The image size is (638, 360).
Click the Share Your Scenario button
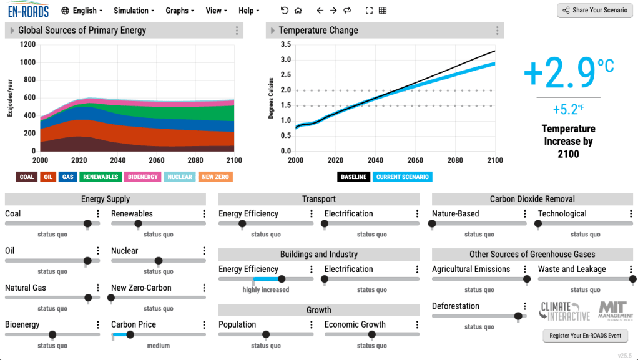(594, 11)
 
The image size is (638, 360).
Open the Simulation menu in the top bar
(134, 11)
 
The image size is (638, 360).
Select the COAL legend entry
(27, 177)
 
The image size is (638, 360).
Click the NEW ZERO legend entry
(215, 177)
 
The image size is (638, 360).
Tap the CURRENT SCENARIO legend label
(403, 177)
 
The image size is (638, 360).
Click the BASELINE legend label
(353, 177)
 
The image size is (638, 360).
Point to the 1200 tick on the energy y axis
(27, 44)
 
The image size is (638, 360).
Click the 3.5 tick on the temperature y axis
(286, 44)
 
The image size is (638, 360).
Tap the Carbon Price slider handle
(130, 335)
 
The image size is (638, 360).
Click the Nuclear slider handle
(159, 261)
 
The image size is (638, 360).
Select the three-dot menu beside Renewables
(204, 214)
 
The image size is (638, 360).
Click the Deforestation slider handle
(518, 316)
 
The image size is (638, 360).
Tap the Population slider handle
(266, 335)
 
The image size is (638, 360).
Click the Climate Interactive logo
(564, 311)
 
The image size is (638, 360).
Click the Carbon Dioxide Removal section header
(532, 199)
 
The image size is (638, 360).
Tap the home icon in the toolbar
(298, 11)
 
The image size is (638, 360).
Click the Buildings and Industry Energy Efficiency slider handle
(282, 280)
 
